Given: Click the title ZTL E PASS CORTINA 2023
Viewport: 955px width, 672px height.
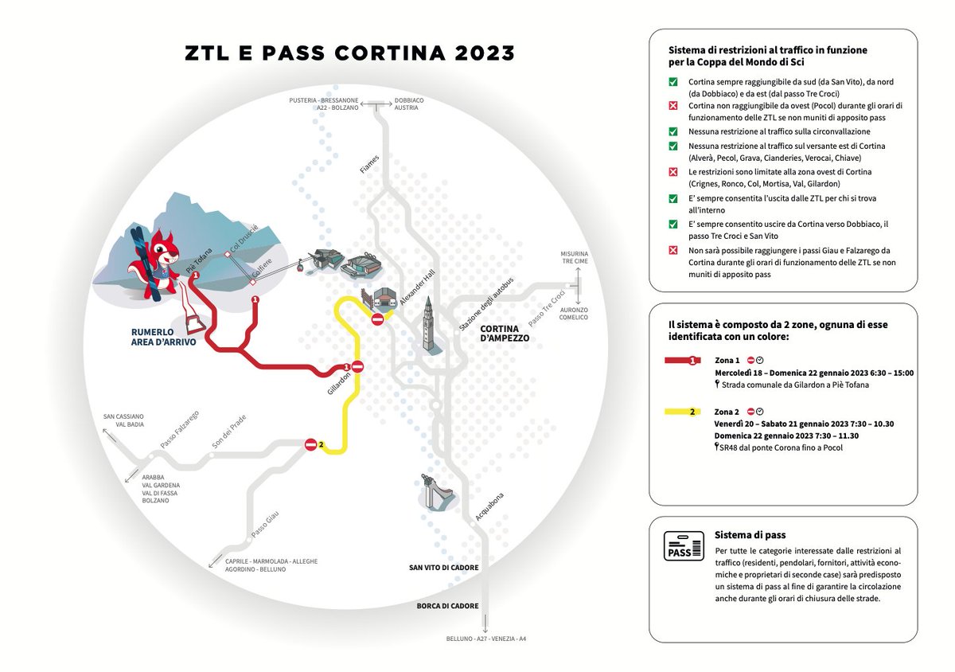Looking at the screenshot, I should (x=350, y=53).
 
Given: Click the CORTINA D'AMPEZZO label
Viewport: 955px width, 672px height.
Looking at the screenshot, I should (x=505, y=334).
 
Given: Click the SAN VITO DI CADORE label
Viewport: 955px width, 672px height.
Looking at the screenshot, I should (x=444, y=568).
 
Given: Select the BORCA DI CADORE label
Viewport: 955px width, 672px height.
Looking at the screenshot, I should (x=448, y=606).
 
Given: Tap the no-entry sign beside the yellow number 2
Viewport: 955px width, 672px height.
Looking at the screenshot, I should (x=310, y=445).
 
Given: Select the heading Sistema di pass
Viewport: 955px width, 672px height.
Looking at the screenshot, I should (x=750, y=534).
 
